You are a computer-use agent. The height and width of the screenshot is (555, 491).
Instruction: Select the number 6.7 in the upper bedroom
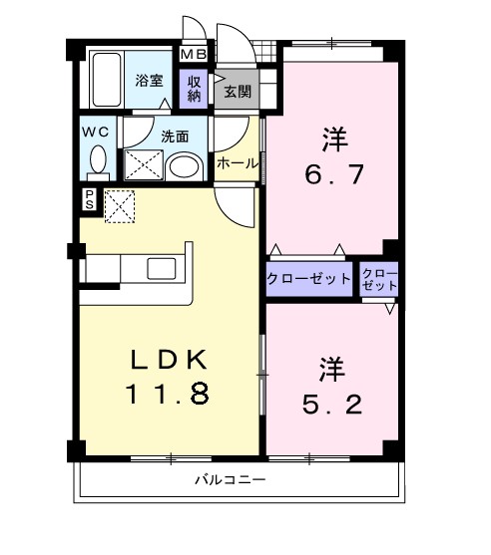334,175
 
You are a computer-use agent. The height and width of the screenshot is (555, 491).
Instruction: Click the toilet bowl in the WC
98,159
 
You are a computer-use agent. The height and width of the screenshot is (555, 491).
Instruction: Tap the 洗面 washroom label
175,137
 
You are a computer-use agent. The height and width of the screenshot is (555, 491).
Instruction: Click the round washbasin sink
183,166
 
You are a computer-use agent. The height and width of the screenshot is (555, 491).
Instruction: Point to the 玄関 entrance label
237,93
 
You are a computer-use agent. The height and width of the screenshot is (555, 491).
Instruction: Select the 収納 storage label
192,88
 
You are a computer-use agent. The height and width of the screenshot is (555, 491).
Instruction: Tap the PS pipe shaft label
90,198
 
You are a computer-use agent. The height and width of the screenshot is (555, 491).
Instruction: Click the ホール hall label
238,162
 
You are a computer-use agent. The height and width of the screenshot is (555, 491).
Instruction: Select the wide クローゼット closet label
308,279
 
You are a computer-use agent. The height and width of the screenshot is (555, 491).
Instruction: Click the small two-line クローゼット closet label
379,279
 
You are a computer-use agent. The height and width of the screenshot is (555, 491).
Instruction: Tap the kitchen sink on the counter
161,268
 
